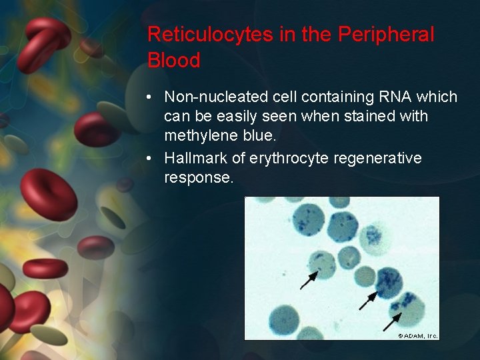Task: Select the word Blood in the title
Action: coord(173,61)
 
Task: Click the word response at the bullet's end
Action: coord(199,179)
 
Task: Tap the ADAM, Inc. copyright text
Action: coord(418,335)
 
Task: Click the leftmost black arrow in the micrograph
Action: coord(309,279)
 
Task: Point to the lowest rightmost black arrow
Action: coord(392,321)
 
